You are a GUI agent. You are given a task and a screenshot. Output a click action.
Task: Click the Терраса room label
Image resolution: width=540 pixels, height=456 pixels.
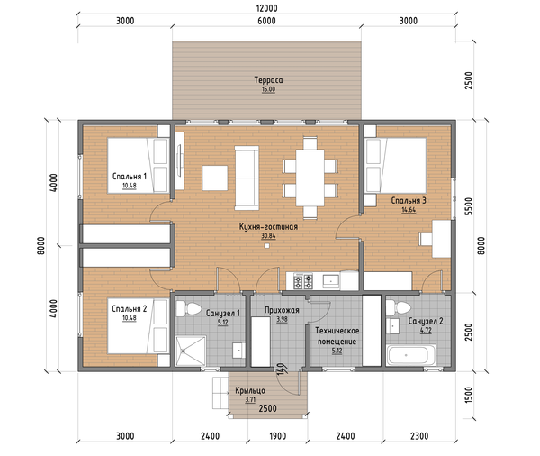pyautogui.click(x=268, y=80)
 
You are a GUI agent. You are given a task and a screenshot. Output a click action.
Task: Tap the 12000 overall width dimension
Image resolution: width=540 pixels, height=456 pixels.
pyautogui.click(x=267, y=8)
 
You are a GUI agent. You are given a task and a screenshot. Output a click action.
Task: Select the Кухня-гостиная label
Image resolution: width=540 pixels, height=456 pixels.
pyautogui.click(x=268, y=227)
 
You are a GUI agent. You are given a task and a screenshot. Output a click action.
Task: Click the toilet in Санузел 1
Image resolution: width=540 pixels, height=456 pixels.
pyautogui.click(x=188, y=308)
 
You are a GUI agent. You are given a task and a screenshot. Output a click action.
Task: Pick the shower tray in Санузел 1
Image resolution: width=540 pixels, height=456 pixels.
pyautogui.click(x=191, y=351)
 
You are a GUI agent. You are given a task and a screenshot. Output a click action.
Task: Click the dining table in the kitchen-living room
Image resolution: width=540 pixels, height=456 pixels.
pyautogui.click(x=310, y=178)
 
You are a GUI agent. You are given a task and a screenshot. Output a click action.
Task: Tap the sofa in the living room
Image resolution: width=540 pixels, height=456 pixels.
pyautogui.click(x=247, y=178)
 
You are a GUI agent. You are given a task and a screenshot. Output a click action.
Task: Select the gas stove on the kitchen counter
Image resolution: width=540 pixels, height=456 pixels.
pyautogui.click(x=303, y=281)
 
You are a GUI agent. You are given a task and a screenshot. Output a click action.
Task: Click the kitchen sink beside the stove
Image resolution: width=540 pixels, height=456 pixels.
pyautogui.click(x=331, y=281)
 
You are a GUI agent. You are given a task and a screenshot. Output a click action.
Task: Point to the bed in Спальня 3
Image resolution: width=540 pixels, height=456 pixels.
pyautogui.click(x=396, y=165)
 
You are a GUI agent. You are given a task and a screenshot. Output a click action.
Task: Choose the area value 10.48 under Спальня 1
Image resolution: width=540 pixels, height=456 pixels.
pyautogui.click(x=130, y=186)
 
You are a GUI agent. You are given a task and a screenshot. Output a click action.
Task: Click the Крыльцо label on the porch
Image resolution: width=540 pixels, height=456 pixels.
pyautogui.click(x=250, y=390)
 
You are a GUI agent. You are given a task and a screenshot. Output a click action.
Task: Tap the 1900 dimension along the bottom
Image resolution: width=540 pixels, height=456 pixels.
pyautogui.click(x=277, y=436)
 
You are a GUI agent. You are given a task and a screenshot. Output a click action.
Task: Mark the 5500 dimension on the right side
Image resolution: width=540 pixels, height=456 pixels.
pyautogui.click(x=469, y=206)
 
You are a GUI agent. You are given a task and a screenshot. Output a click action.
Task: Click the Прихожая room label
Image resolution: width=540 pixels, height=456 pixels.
pyautogui.click(x=282, y=310)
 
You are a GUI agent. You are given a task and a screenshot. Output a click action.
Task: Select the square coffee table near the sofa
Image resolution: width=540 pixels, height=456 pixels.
pyautogui.click(x=215, y=178)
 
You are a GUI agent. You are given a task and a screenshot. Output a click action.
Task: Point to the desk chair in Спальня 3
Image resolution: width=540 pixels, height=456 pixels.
pyautogui.click(x=426, y=239)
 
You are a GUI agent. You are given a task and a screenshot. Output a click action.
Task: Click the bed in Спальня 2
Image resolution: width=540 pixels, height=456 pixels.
pyautogui.click(x=138, y=326)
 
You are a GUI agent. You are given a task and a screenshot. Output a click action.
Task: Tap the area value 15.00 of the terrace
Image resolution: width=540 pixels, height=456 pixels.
pyautogui.click(x=268, y=89)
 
